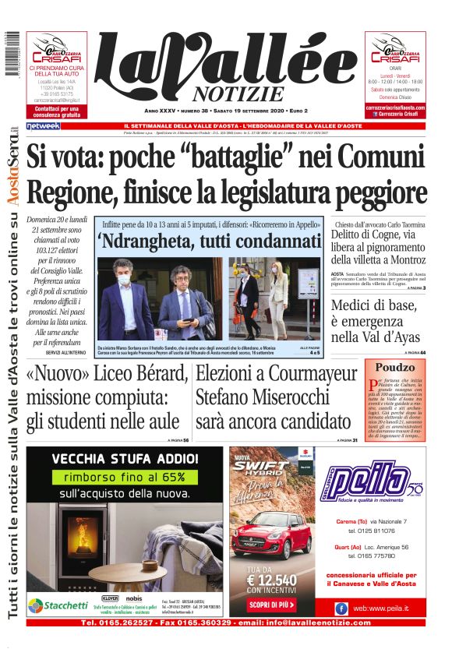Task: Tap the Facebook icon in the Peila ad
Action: coord(341,608)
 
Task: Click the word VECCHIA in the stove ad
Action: coord(79,458)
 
